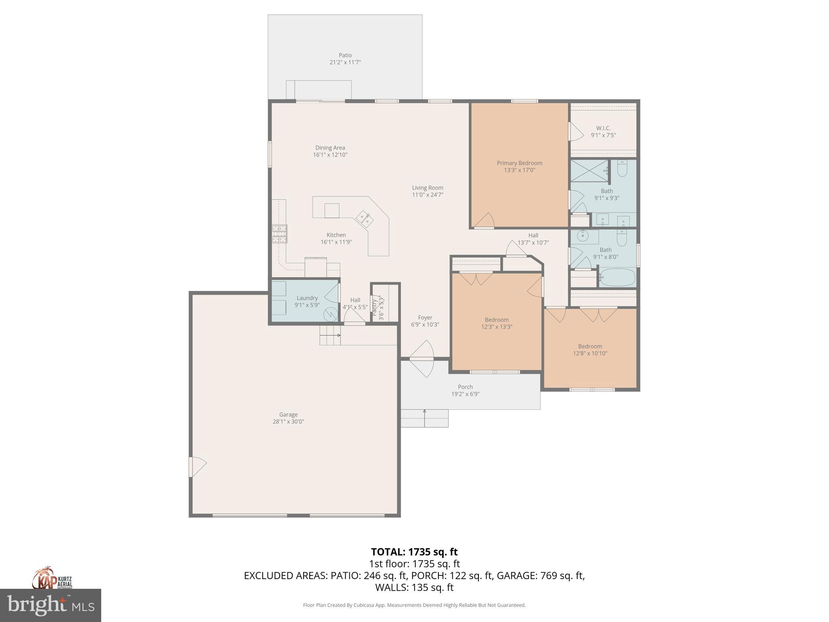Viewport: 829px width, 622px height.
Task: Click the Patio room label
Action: point(345,55)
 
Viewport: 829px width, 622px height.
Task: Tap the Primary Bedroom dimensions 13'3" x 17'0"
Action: point(519,170)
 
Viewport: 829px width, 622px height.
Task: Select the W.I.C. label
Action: point(603,128)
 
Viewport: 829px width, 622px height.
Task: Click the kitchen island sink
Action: point(365,219)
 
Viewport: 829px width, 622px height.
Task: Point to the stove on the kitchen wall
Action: point(279,234)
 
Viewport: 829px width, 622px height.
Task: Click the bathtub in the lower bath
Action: point(617,277)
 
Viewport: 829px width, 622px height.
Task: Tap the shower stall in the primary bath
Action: point(589,170)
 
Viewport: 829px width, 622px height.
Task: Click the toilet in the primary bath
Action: point(622,169)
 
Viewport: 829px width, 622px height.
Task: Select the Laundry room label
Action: point(307,298)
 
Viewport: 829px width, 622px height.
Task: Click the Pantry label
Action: point(375,307)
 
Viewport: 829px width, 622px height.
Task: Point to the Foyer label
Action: point(425,317)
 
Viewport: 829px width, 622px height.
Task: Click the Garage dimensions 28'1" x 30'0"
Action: point(288,422)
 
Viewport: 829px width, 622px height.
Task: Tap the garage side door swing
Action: point(197,466)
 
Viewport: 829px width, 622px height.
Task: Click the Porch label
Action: point(465,387)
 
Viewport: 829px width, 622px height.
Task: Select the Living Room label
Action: point(427,187)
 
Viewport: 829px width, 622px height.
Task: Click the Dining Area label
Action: point(330,148)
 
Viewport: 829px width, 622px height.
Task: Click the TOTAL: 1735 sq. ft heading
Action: point(414,552)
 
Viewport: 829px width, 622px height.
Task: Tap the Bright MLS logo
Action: point(50,605)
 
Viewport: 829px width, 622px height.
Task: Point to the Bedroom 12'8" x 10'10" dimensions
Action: point(590,353)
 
